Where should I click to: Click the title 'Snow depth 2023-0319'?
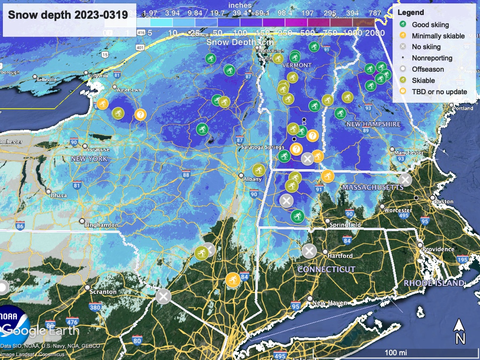(x=68, y=15)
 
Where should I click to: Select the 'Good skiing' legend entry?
(x=430, y=24)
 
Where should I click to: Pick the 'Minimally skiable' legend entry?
(x=438, y=36)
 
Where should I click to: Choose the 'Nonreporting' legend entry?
(x=432, y=58)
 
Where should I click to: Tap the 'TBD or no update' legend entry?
(x=439, y=91)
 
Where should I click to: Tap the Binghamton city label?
(x=101, y=225)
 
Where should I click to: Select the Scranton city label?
(x=104, y=292)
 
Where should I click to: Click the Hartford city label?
(x=340, y=256)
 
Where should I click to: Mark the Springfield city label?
(x=345, y=225)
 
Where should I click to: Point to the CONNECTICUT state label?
(x=326, y=270)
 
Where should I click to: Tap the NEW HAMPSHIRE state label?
(x=373, y=124)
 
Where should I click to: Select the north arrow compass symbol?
(x=460, y=331)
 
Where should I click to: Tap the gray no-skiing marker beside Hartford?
(x=308, y=251)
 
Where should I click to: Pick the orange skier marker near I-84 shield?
(x=232, y=279)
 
